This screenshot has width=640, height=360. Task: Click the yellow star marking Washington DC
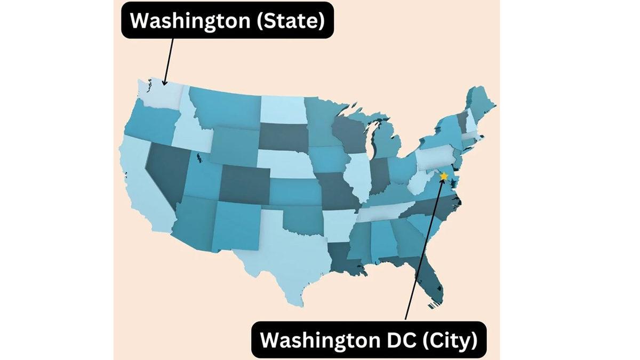pyautogui.click(x=444, y=176)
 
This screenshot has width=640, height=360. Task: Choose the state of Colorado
pyautogui.click(x=245, y=184)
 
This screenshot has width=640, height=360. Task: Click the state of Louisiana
pyautogui.click(x=341, y=256)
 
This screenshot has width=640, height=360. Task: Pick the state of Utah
pyautogui.click(x=203, y=179)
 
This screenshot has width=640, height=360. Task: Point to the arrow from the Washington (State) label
pyautogui.click(x=168, y=61)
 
